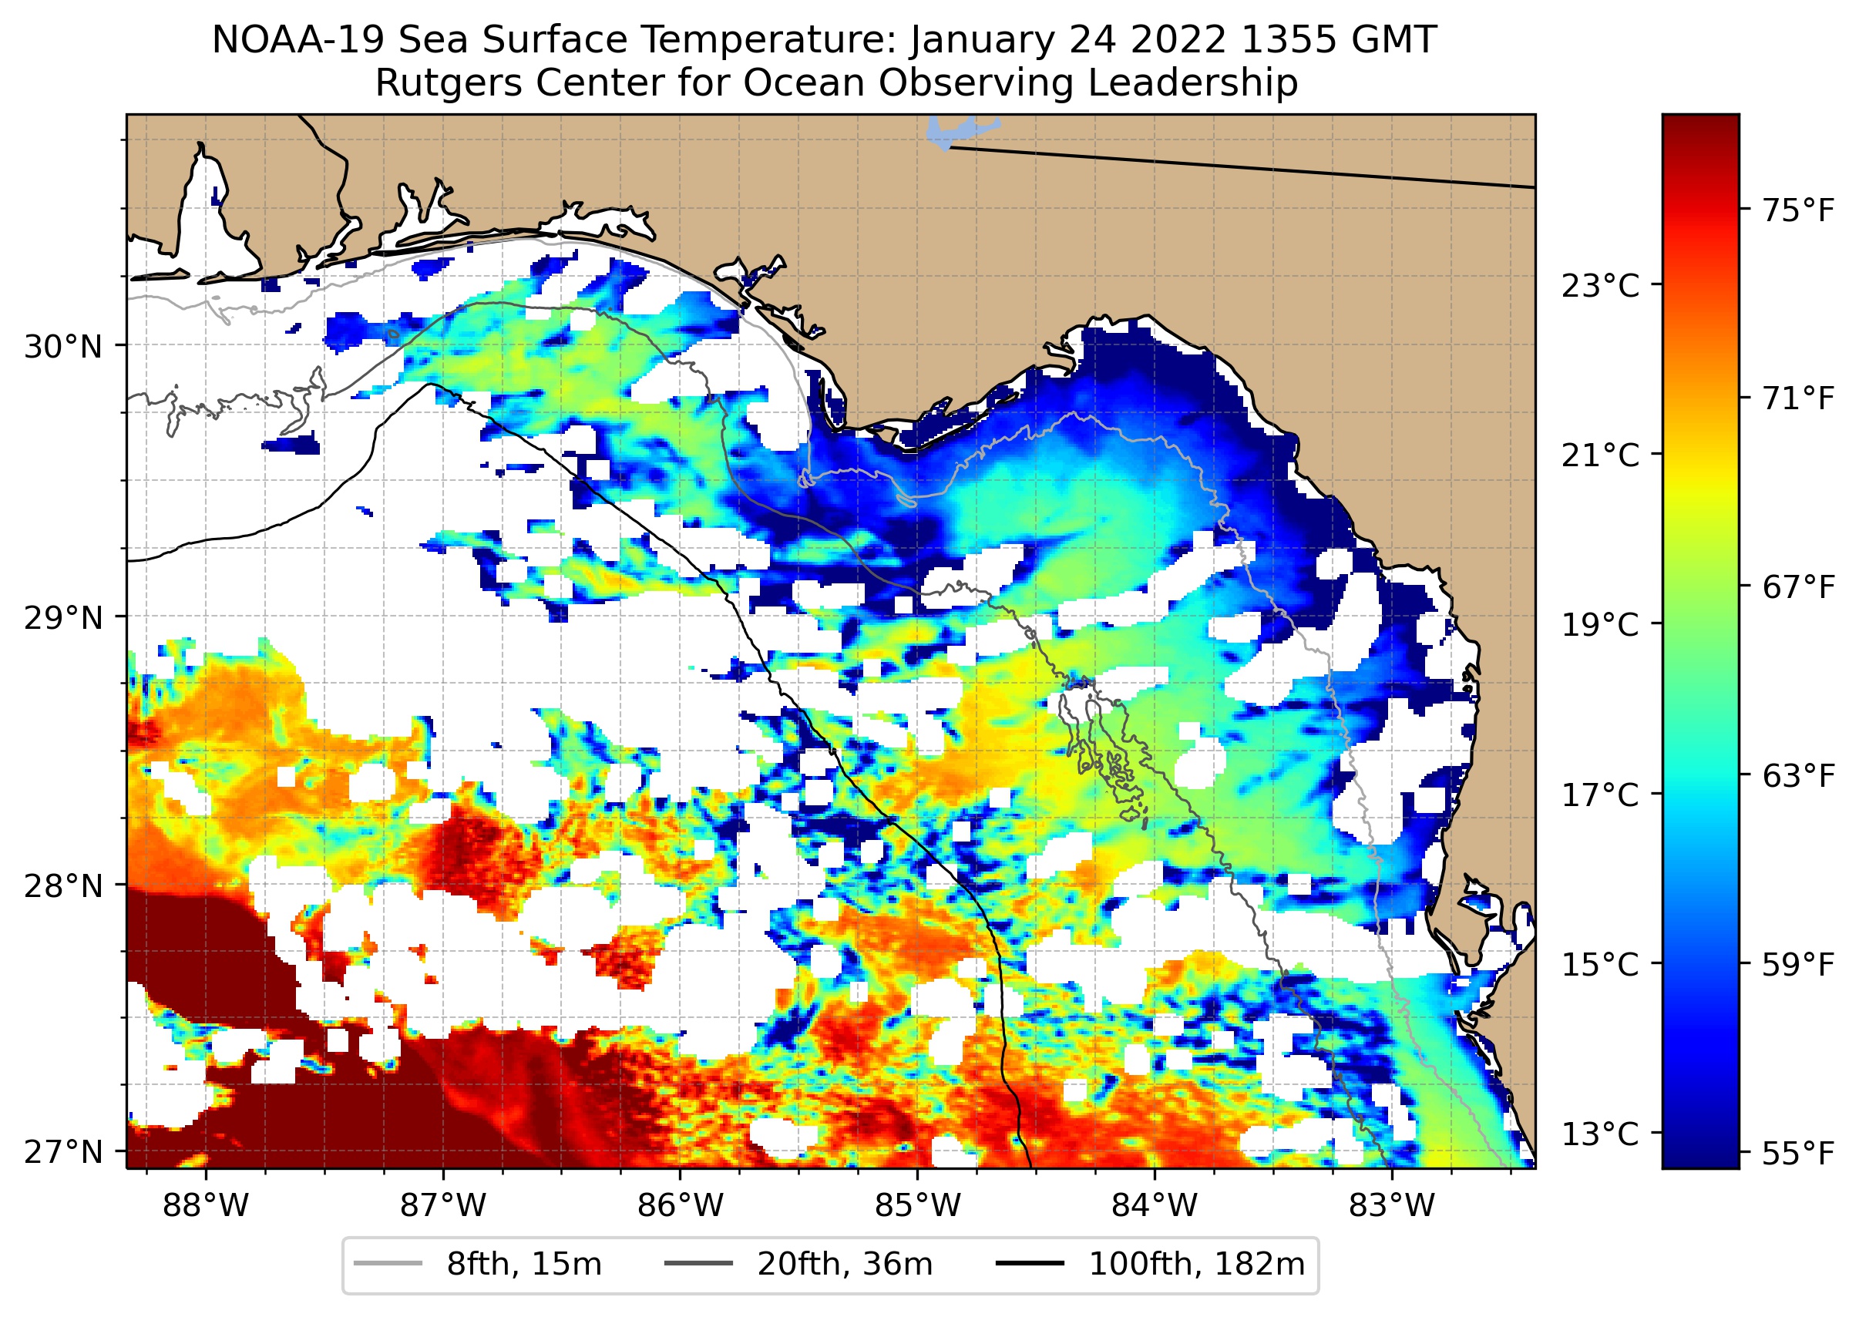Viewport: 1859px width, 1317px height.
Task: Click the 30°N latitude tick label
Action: tap(63, 347)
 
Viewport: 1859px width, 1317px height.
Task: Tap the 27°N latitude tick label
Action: tap(63, 1151)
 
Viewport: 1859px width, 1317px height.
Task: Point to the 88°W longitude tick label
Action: tap(206, 1206)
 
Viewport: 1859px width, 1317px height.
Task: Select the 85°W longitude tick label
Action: tap(917, 1206)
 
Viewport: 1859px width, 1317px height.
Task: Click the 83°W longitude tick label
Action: tap(1392, 1206)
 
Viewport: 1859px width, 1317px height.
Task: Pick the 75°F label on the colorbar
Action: tap(1797, 211)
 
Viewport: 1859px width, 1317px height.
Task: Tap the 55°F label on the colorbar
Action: tap(1797, 1153)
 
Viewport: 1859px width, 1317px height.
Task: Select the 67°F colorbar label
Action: tap(1797, 587)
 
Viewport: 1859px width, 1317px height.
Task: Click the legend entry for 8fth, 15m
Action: tap(479, 1265)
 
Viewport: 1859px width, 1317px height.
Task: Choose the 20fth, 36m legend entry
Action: tap(799, 1265)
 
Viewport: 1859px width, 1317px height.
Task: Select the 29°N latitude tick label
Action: tap(63, 619)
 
